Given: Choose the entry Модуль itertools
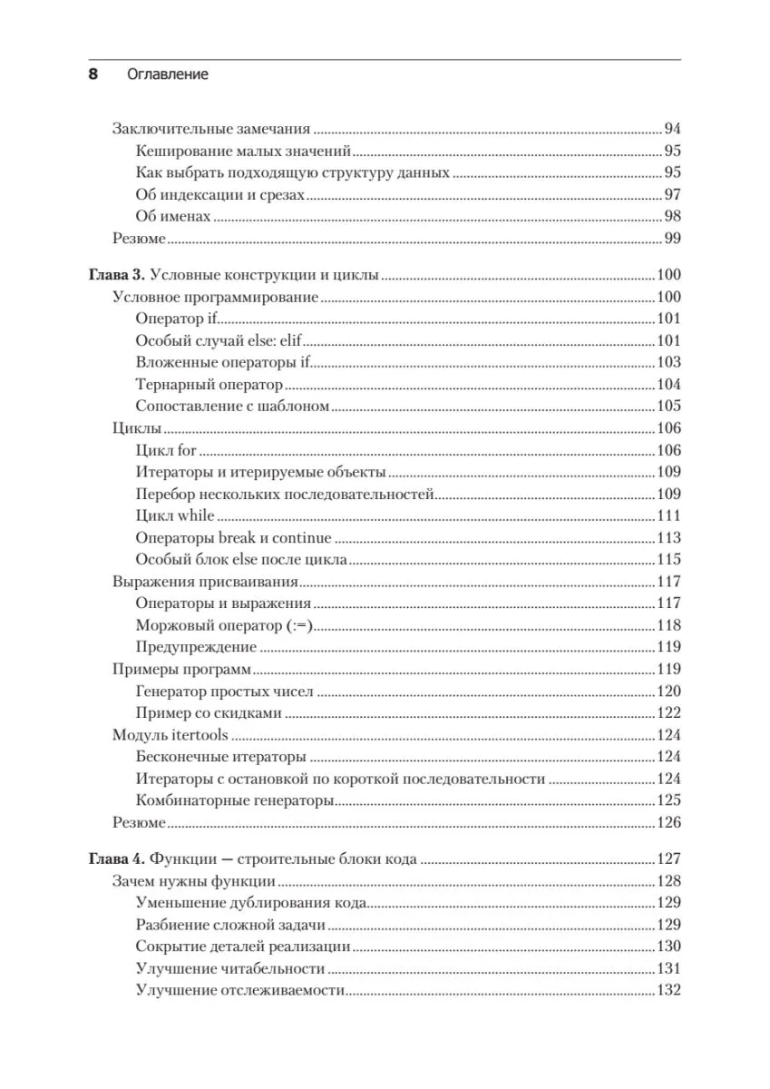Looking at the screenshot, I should pos(171,735).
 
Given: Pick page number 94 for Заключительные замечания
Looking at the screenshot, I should pos(672,129).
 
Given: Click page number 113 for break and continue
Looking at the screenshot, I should pos(668,537).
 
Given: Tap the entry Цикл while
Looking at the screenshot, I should pos(175,515).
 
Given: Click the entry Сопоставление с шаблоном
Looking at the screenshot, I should pos(232,406).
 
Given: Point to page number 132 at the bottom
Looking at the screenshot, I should pos(668,990).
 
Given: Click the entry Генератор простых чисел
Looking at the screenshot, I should pos(225,692).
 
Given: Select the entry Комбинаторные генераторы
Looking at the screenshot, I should pos(236,800).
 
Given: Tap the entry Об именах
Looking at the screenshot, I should pos(173,216).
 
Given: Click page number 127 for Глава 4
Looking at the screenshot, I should pos(668,858).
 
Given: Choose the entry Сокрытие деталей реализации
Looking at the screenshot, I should pos(243,947).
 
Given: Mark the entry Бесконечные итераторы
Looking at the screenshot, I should pos(220,757).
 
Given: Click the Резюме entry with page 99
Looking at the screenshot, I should pos(139,239).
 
